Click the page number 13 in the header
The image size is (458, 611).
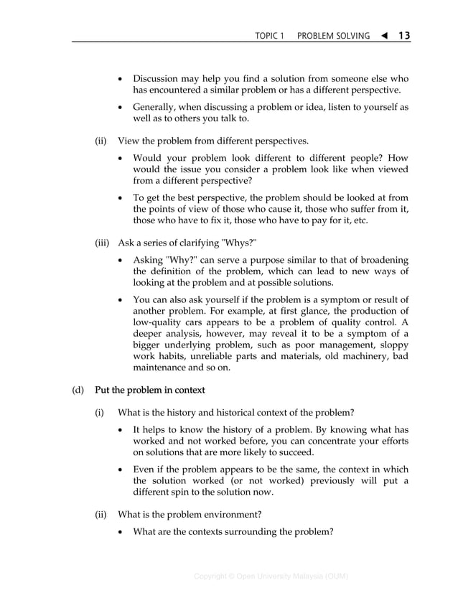pos(403,35)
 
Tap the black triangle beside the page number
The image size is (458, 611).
pos(383,35)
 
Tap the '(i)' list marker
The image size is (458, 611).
pos(100,412)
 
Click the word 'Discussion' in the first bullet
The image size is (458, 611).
pos(157,78)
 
